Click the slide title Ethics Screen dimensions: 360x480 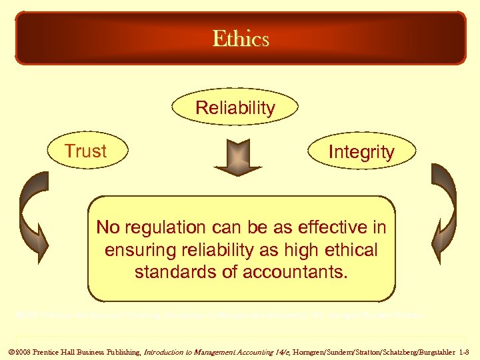click(x=241, y=39)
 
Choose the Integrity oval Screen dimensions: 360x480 click(x=361, y=152)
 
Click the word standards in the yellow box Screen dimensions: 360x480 click(x=174, y=272)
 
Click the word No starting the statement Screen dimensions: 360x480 click(x=107, y=228)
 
